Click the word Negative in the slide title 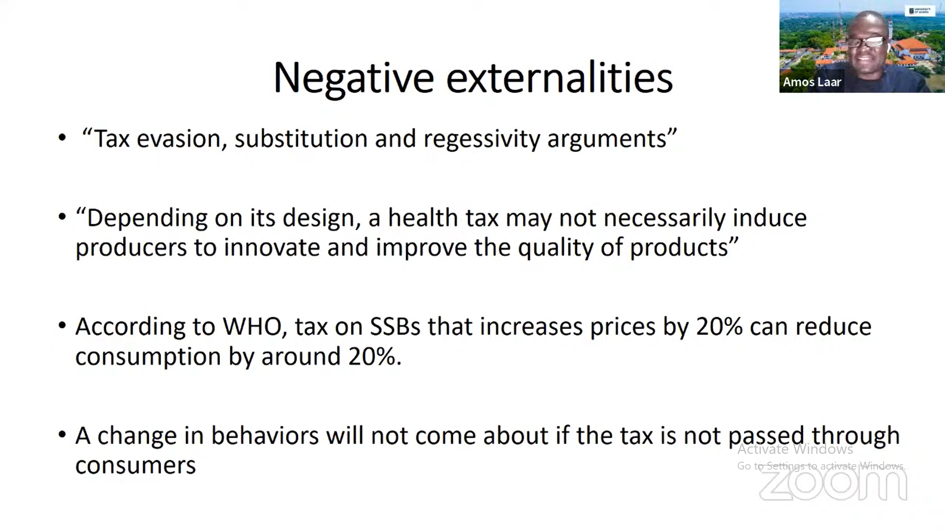(x=353, y=78)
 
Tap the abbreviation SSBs (x=395, y=327)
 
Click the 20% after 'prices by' (x=719, y=327)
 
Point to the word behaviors (x=265, y=436)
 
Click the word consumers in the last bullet (x=135, y=466)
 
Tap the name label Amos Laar (x=812, y=82)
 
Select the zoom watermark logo (x=833, y=485)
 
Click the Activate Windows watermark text (x=795, y=449)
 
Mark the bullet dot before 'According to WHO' (x=62, y=325)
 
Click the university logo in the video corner (x=920, y=11)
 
